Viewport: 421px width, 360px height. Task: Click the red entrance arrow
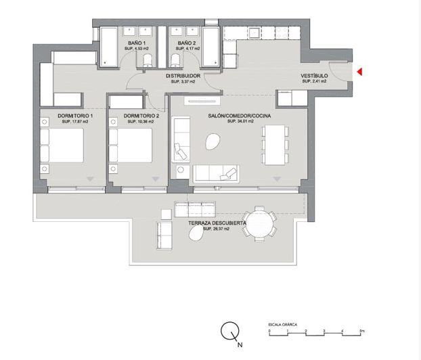pyautogui.click(x=360, y=72)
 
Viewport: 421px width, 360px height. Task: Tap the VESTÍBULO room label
pyautogui.click(x=314, y=75)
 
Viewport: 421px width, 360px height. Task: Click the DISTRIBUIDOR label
pyautogui.click(x=183, y=76)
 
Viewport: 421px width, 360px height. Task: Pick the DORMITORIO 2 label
pyautogui.click(x=141, y=116)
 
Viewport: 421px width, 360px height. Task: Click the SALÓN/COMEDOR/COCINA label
pyautogui.click(x=239, y=116)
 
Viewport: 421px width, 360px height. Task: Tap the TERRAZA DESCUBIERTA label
pyautogui.click(x=217, y=223)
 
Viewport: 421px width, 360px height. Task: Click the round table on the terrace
pyautogui.click(x=259, y=223)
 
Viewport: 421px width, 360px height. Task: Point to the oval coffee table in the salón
pyautogui.click(x=212, y=141)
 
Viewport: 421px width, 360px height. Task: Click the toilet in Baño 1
pyautogui.click(x=147, y=63)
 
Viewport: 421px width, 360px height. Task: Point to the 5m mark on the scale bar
pyautogui.click(x=362, y=331)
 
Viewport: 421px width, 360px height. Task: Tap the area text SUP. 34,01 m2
pyautogui.click(x=239, y=122)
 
